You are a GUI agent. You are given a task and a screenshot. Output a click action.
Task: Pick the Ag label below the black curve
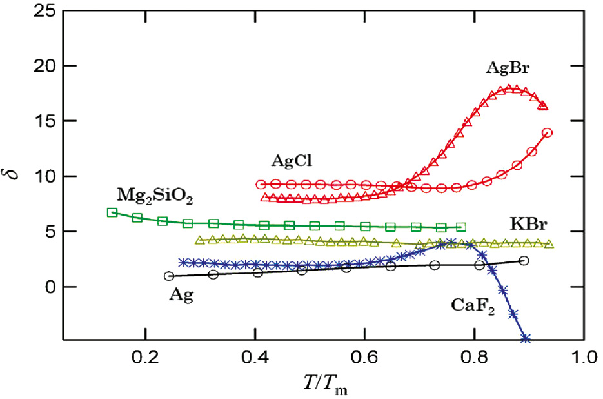pyautogui.click(x=181, y=295)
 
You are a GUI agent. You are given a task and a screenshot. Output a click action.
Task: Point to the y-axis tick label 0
pyautogui.click(x=50, y=287)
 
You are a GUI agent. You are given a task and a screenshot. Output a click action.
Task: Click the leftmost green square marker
pyautogui.click(x=112, y=212)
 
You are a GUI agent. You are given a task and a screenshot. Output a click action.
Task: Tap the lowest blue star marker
pyautogui.click(x=525, y=338)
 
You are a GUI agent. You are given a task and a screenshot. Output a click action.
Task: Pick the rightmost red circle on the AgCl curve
pyautogui.click(x=548, y=133)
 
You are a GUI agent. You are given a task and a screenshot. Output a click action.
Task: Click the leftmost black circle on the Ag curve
pyautogui.click(x=169, y=276)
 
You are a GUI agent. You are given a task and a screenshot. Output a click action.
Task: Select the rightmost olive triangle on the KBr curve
pyautogui.click(x=549, y=244)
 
